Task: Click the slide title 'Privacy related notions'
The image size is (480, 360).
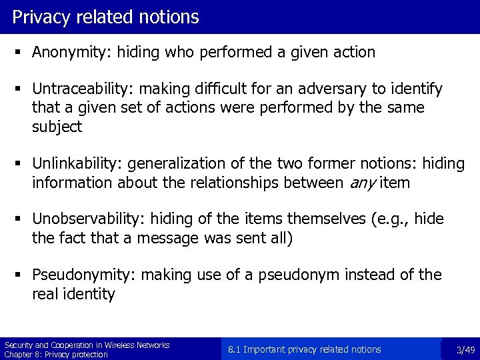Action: click(x=105, y=17)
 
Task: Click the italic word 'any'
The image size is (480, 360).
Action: click(x=366, y=183)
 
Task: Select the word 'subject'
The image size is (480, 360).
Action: click(x=57, y=127)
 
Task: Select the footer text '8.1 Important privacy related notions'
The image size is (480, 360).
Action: click(x=304, y=349)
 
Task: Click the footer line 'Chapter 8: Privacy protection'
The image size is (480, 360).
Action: click(x=56, y=354)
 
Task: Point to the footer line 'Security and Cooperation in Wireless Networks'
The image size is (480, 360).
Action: click(x=87, y=345)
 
